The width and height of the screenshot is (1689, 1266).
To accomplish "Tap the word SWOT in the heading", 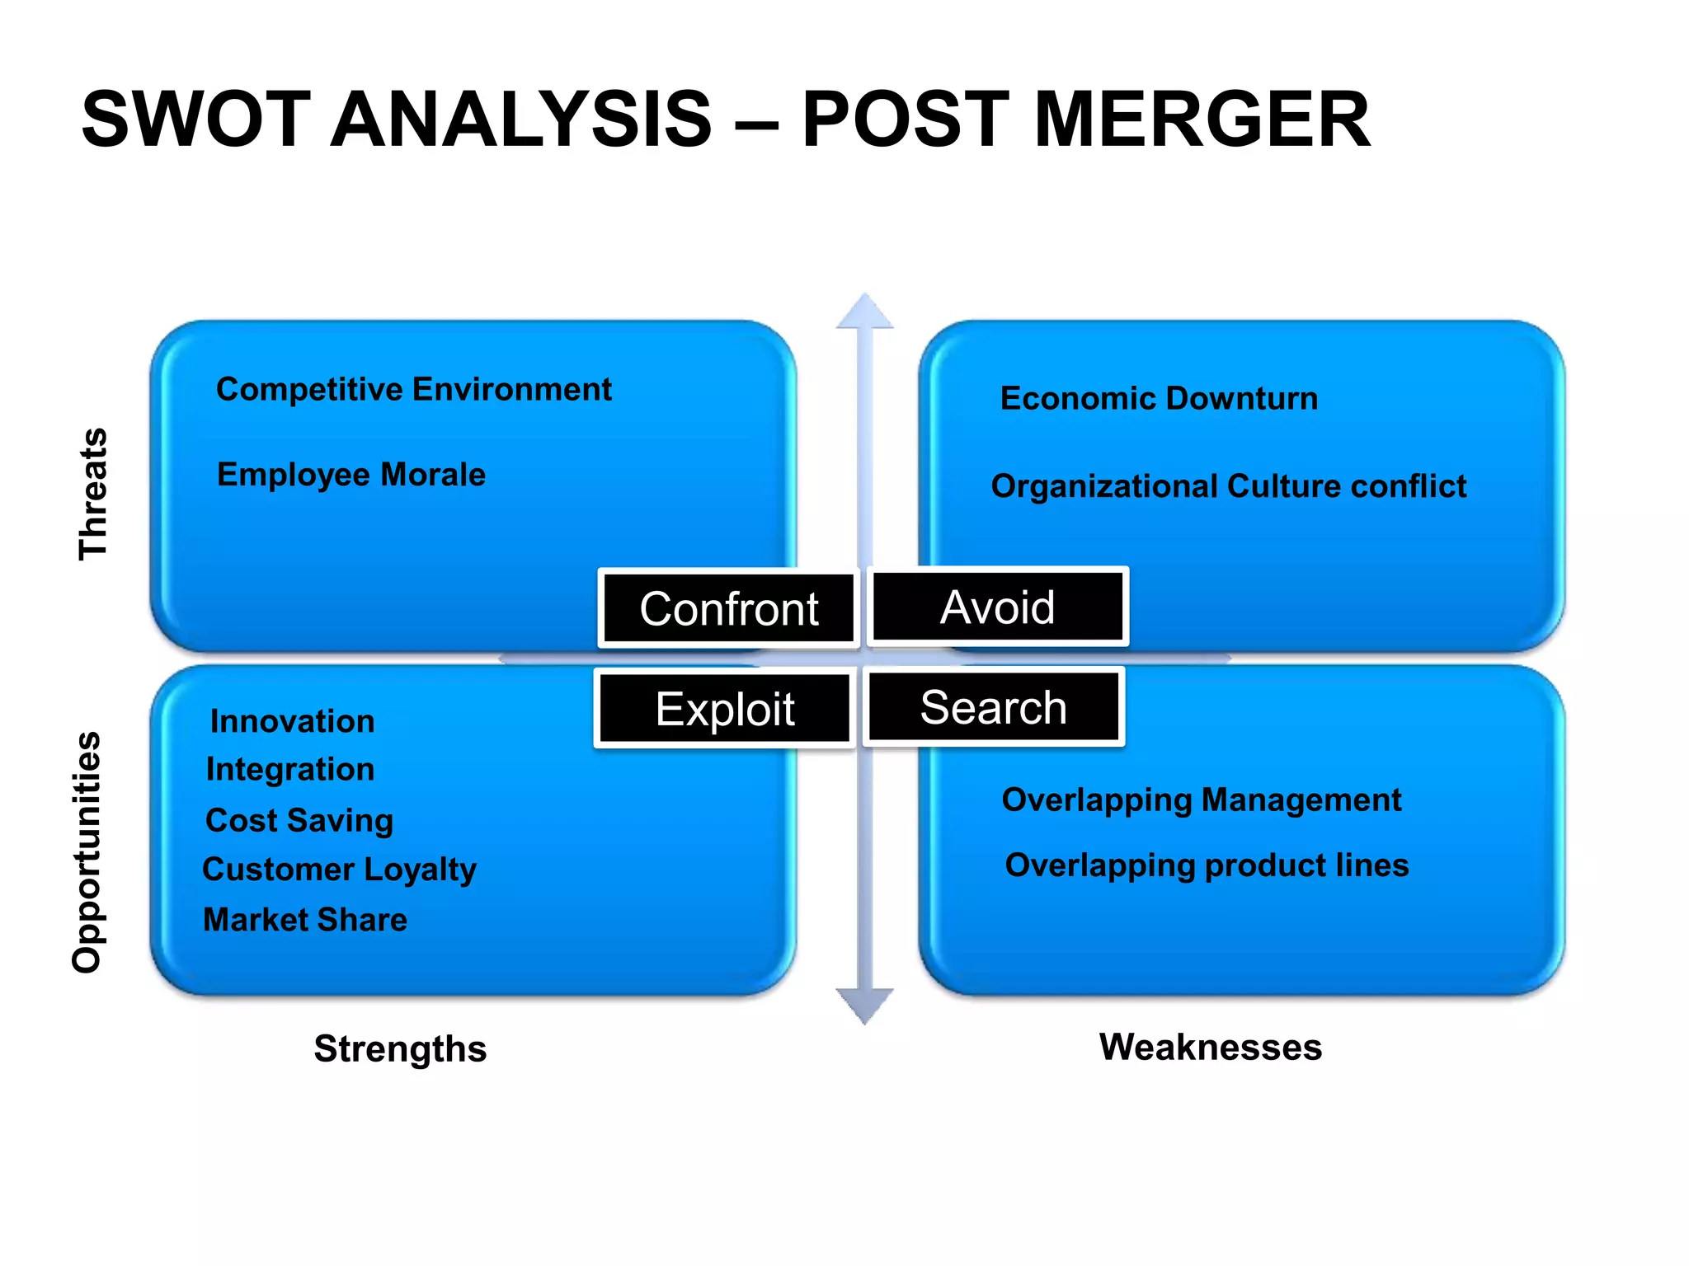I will tap(196, 121).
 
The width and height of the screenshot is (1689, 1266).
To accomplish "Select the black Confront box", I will tap(728, 609).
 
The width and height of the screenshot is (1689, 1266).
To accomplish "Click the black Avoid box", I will tap(997, 607).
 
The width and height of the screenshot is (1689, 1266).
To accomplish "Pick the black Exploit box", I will tap(724, 709).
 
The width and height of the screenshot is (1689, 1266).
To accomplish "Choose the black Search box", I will tap(993, 707).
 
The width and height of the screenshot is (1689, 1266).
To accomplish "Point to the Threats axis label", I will tap(93, 495).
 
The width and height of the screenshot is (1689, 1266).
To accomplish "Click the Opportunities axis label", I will tap(87, 851).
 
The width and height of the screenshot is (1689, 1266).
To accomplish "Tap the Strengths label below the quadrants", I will tap(400, 1049).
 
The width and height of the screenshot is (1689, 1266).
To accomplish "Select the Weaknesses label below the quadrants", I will tap(1210, 1048).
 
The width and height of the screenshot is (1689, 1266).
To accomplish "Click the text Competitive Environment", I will tap(413, 389).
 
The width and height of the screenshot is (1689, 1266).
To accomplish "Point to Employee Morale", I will tap(351, 475).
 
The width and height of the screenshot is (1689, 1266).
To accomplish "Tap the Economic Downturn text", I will tap(1159, 398).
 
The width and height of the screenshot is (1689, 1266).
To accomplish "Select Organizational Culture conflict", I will tap(1228, 486).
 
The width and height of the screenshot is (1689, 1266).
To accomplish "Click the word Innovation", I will tap(292, 721).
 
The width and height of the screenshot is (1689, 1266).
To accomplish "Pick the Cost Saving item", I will tap(299, 820).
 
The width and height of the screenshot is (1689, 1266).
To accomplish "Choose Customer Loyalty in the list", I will tap(339, 870).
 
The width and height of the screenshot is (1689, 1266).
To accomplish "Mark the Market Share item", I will tap(305, 920).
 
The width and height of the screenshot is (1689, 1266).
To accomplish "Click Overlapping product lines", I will tap(1207, 865).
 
